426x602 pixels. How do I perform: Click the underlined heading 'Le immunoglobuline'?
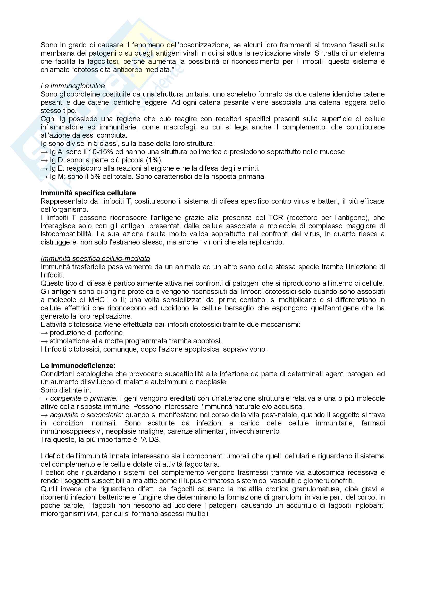[73, 86]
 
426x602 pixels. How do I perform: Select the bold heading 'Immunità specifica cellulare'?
[88, 193]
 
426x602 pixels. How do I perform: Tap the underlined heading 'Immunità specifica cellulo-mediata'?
[95, 258]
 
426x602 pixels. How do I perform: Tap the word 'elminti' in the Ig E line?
[249, 168]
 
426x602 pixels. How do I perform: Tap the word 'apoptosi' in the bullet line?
[211, 341]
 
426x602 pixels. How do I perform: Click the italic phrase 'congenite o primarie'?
[83, 398]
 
